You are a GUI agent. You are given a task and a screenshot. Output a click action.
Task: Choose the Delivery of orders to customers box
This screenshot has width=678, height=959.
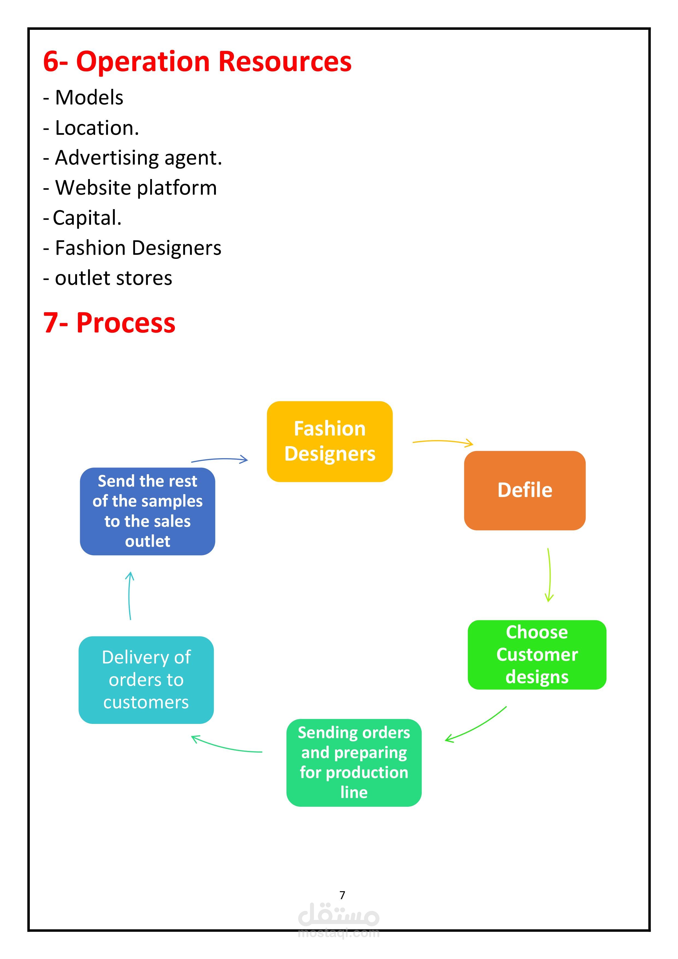pos(146,680)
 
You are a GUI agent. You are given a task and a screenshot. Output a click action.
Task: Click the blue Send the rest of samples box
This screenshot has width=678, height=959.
pos(147,511)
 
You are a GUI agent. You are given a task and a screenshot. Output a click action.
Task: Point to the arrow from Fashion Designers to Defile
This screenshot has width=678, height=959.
pos(442,442)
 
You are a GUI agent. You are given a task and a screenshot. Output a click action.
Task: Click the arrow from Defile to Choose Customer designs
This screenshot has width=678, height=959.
pos(549,574)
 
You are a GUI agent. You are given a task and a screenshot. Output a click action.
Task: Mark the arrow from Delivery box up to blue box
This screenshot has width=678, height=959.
pos(130,595)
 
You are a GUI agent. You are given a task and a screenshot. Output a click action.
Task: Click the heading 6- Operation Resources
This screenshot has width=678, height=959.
pos(197,62)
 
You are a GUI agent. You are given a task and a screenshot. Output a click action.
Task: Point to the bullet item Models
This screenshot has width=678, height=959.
pos(89,98)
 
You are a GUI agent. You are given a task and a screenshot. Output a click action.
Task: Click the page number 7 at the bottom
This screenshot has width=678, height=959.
pos(342,895)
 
